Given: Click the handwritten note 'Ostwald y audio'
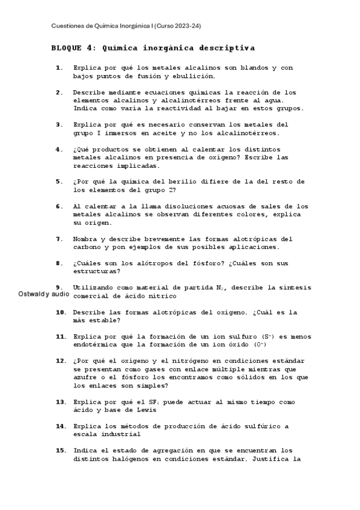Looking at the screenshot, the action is click(44, 295).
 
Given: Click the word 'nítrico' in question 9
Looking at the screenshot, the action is click(161, 296).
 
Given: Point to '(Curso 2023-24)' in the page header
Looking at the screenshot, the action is click(177, 26).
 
